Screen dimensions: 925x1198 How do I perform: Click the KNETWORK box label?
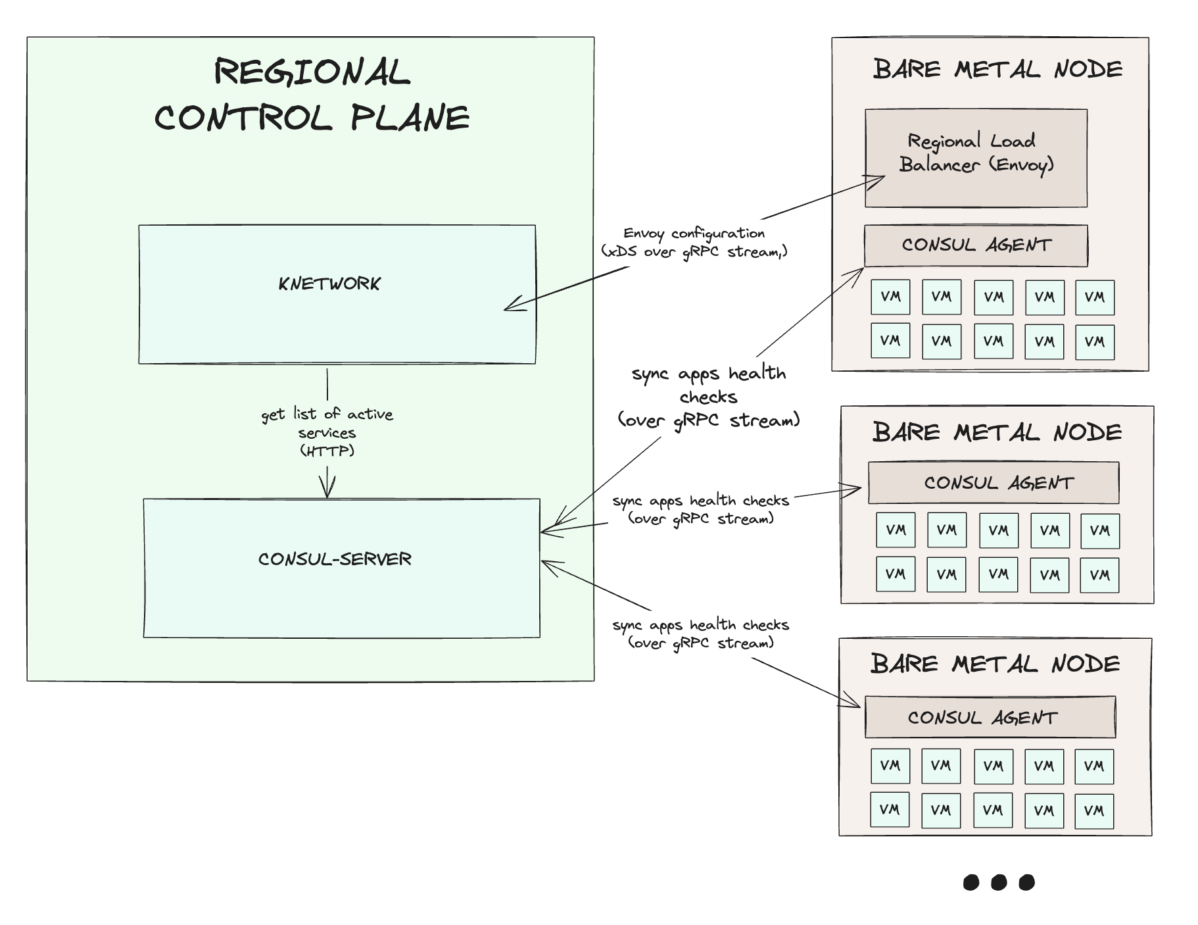pyautogui.click(x=329, y=284)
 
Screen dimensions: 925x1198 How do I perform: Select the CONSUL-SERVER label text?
pyautogui.click(x=335, y=559)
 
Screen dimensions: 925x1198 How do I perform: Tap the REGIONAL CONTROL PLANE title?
pyautogui.click(x=312, y=95)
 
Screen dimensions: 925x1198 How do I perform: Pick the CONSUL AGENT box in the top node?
pyautogui.click(x=976, y=245)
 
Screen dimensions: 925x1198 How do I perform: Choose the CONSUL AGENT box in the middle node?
pyautogui.click(x=994, y=483)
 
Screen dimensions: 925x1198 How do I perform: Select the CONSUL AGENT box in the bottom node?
pyautogui.click(x=990, y=717)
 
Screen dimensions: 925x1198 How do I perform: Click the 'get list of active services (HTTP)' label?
pyautogui.click(x=327, y=432)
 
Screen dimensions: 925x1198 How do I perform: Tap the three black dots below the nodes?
pyautogui.click(x=998, y=882)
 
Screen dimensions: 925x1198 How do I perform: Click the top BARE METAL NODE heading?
pyautogui.click(x=997, y=69)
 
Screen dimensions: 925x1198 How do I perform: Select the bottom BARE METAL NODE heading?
pyautogui.click(x=995, y=663)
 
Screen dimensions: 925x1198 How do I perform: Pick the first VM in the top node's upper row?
pyautogui.click(x=890, y=297)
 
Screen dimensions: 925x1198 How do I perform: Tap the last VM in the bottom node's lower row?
pyautogui.click(x=1094, y=811)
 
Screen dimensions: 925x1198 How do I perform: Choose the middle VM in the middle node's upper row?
pyautogui.click(x=998, y=530)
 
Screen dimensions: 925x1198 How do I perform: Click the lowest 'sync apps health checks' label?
pyautogui.click(x=700, y=633)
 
